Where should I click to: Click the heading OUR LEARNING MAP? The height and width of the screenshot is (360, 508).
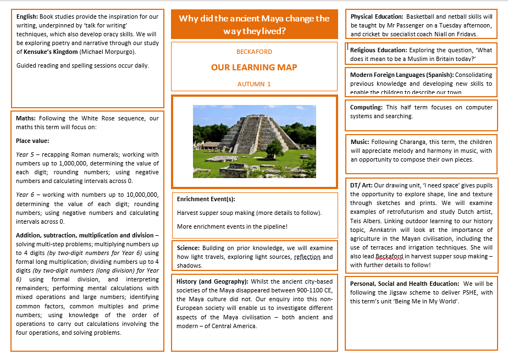254,68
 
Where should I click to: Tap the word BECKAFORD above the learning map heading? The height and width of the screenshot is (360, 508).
254,52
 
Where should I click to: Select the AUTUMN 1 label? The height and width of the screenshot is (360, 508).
254,84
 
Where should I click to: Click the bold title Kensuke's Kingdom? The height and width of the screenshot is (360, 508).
49,52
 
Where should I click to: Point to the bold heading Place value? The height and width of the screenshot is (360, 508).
32,141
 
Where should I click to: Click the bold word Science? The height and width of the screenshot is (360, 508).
189,248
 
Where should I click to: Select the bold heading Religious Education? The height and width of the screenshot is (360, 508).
379,50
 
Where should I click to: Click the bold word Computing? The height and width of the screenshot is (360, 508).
366,108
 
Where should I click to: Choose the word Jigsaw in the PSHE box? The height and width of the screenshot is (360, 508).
398,293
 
